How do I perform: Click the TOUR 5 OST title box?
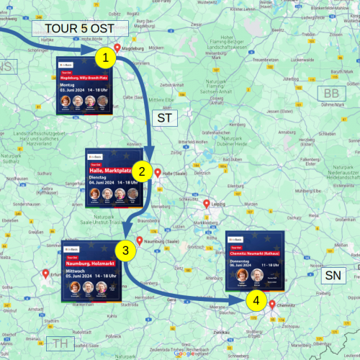pyautogui.click(x=80, y=28)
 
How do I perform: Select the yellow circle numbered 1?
pyautogui.click(x=106, y=56)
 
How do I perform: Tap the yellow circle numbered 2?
pyautogui.click(x=143, y=171)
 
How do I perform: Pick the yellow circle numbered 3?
pyautogui.click(x=125, y=250)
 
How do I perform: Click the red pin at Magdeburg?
pyautogui.click(x=117, y=45)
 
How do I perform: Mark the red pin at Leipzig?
pyautogui.click(x=207, y=204)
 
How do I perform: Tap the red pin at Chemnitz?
pyautogui.click(x=272, y=305)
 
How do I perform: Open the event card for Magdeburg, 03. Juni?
pyautogui.click(x=82, y=89)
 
